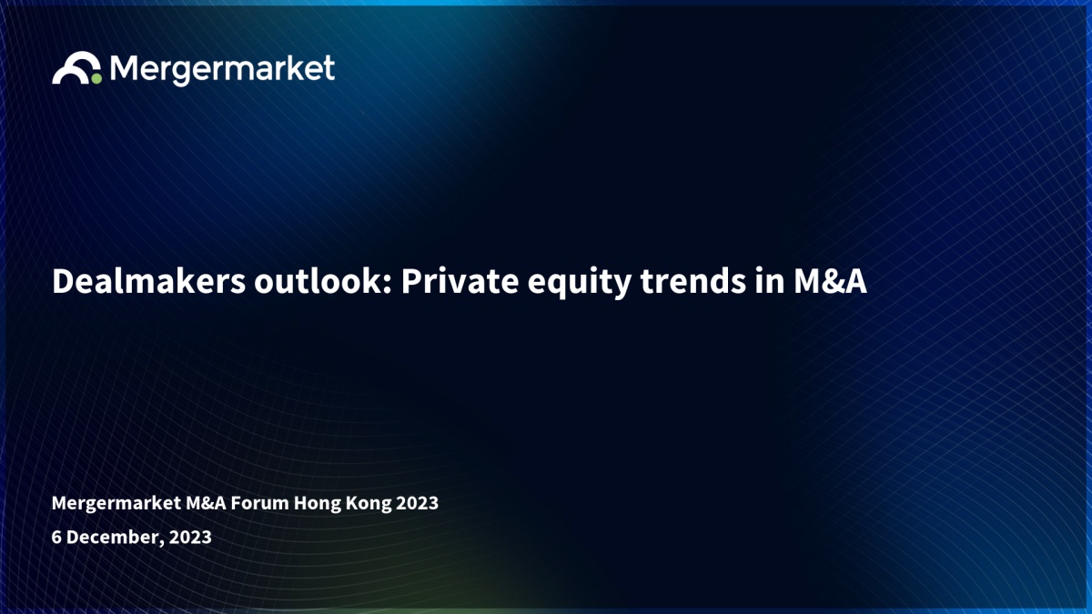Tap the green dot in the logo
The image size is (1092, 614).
[96, 78]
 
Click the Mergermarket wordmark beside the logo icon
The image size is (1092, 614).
[222, 70]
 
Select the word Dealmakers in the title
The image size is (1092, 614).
[149, 281]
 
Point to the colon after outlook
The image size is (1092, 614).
[388, 285]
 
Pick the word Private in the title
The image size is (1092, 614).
[460, 281]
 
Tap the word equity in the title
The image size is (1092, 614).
[580, 284]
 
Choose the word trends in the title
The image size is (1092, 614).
[693, 281]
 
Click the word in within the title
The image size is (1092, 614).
[770, 281]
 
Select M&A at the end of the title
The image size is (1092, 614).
[830, 281]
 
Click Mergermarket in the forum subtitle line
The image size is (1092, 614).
[116, 503]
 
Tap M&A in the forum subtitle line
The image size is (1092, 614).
[206, 503]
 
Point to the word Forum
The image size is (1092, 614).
[260, 503]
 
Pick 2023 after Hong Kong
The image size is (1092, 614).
[418, 503]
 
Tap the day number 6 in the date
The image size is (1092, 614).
[56, 537]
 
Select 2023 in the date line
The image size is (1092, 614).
[190, 537]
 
